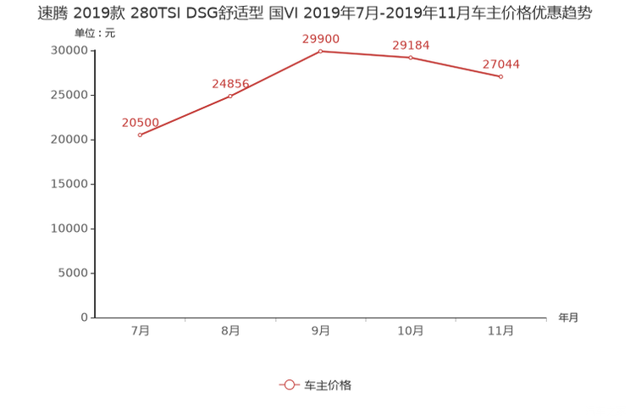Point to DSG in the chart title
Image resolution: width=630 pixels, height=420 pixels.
[x=194, y=13]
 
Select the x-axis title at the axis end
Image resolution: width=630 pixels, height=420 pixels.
[x=568, y=318]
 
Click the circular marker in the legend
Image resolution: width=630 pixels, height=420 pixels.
[x=290, y=384]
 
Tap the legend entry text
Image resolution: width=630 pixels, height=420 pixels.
[x=328, y=384]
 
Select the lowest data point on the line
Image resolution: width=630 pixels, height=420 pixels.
[x=140, y=135]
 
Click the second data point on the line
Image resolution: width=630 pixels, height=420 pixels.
[x=230, y=96]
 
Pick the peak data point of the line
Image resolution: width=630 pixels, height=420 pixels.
[x=321, y=51]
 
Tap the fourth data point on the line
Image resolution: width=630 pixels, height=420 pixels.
[x=412, y=58]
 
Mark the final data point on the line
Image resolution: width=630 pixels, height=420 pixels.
[x=502, y=77]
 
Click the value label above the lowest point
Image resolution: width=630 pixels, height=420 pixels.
[x=140, y=122]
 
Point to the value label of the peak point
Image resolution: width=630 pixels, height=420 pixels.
[x=321, y=38]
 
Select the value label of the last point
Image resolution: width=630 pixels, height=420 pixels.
[x=502, y=64]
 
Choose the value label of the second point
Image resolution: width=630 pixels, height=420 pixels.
[x=230, y=83]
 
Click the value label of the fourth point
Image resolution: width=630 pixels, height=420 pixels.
[x=412, y=45]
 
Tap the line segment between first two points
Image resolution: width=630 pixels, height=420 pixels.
[x=185, y=116]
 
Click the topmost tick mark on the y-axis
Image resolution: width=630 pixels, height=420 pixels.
[x=91, y=51]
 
